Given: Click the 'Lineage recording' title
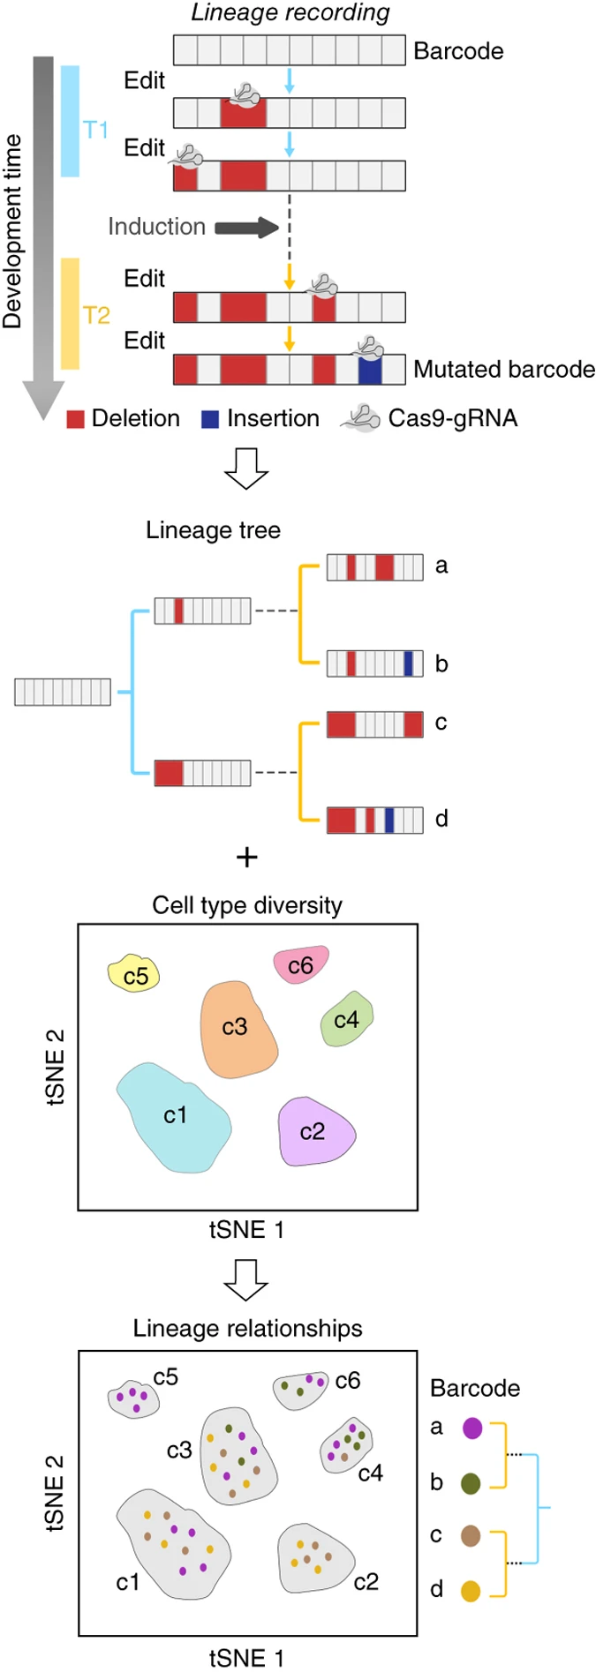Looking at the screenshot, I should (290, 12).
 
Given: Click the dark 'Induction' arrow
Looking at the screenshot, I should (246, 229).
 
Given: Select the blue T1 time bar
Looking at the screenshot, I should (70, 121).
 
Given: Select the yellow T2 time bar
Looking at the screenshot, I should (70, 313).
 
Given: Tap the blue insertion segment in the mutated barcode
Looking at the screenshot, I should (370, 370).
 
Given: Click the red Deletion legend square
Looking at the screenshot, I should (76, 419).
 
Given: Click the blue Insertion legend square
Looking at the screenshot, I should (210, 419).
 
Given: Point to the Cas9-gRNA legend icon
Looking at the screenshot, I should (360, 418).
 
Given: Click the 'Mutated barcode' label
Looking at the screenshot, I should (503, 369).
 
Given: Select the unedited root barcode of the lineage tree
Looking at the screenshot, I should (63, 692).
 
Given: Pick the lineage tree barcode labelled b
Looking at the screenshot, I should (375, 664).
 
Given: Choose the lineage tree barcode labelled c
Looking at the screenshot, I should (375, 724).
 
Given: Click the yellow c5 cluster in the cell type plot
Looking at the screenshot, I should (133, 974).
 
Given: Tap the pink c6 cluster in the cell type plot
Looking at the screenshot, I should (300, 965).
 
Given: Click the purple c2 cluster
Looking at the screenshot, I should (314, 1132).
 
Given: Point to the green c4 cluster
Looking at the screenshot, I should (346, 1020).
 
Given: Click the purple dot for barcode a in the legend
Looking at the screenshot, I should (472, 1428).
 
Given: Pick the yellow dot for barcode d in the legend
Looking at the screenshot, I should (471, 1591).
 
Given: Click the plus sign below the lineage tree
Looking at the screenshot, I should (247, 857).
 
